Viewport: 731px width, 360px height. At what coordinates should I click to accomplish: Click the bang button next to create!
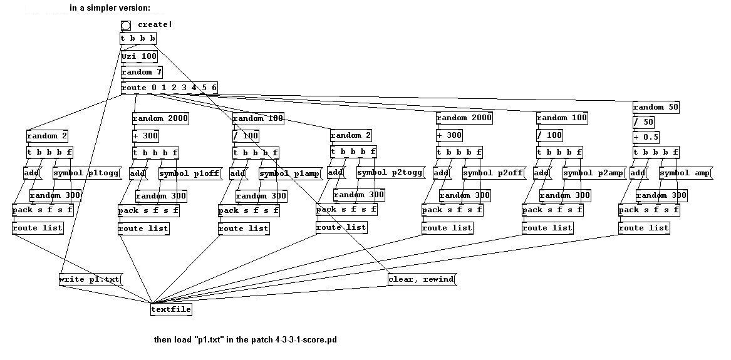tap(126, 25)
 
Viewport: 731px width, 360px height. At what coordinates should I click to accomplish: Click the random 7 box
tap(142, 72)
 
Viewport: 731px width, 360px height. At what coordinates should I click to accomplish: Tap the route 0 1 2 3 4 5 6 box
tap(169, 88)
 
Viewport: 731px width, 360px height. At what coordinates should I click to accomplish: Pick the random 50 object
tap(656, 108)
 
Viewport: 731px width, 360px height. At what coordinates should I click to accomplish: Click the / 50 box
tap(643, 123)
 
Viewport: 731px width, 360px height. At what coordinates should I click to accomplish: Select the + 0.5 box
tap(646, 137)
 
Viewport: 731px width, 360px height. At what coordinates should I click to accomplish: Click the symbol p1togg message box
tap(87, 173)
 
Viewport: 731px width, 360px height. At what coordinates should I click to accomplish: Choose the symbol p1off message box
tap(190, 173)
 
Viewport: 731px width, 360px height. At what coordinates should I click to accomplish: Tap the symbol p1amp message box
tap(291, 173)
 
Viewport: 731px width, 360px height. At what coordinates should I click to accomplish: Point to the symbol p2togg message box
tap(391, 173)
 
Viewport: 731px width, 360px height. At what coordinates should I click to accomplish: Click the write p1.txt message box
tap(90, 279)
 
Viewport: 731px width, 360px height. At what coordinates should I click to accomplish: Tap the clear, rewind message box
tap(422, 279)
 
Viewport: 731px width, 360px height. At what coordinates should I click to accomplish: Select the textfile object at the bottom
tap(171, 309)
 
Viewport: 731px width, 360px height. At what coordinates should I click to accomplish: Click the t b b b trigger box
tap(138, 39)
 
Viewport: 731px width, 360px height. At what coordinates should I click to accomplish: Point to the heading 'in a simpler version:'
tap(110, 8)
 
